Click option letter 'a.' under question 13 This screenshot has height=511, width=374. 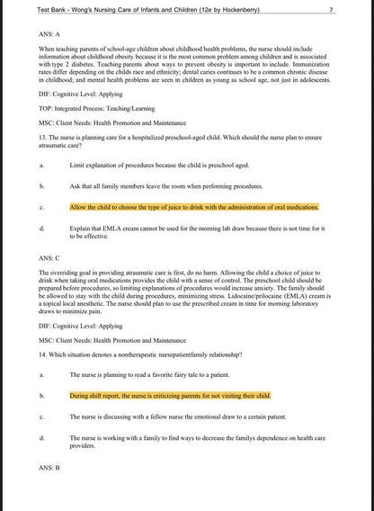coord(41,166)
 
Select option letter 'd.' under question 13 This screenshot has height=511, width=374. coord(41,229)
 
